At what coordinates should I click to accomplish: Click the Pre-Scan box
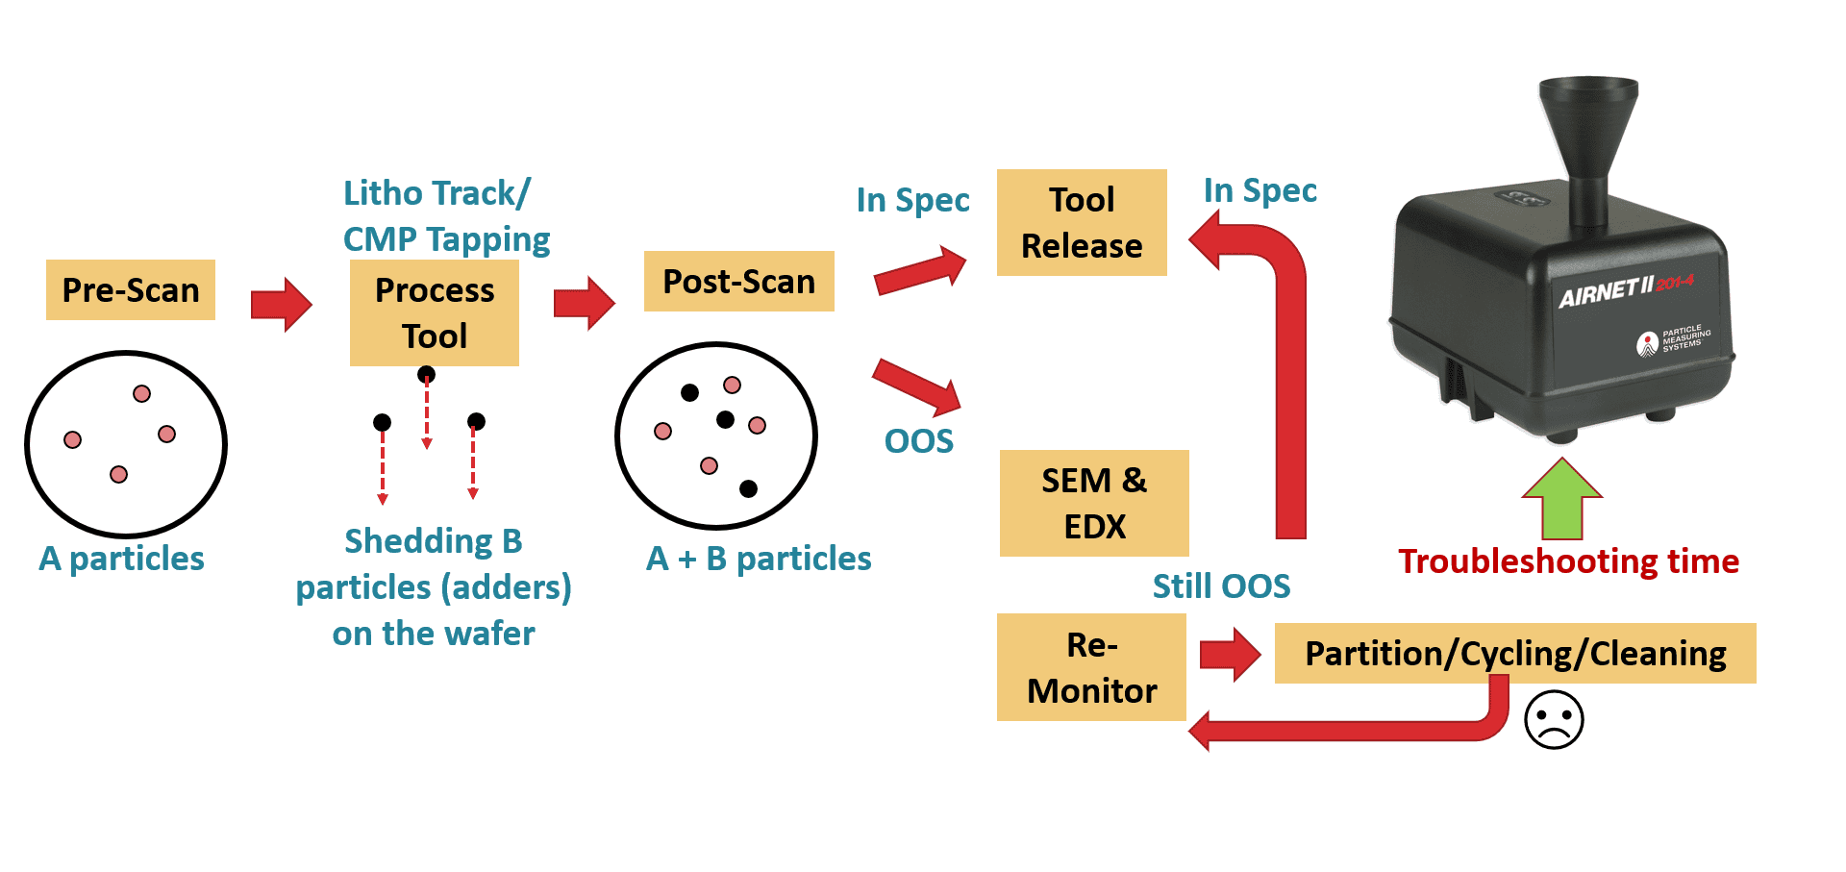131,289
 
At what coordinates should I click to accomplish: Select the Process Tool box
435,312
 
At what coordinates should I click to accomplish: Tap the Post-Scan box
738,282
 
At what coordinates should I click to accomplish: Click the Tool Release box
1082,223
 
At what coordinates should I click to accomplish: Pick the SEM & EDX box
1094,503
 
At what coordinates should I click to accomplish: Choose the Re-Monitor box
1091,667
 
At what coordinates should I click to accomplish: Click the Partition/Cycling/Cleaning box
1515,654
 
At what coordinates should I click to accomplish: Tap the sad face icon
1554,719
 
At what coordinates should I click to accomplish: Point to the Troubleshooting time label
1568,561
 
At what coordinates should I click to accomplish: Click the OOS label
918,441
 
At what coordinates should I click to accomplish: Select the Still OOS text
1221,585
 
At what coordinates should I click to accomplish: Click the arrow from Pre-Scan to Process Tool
281,305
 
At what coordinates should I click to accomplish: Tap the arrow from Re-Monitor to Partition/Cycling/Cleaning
1230,655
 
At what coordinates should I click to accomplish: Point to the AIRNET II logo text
1607,291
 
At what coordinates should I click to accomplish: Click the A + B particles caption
759,559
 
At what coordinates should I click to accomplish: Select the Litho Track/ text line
437,193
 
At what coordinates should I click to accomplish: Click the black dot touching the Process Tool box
426,374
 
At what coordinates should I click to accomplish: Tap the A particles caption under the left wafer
122,559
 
